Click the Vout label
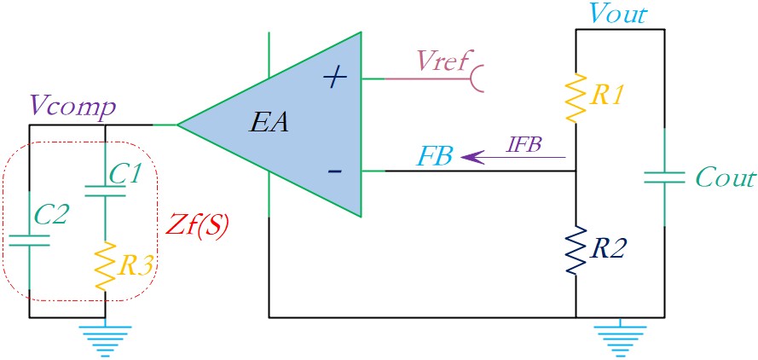[618, 15]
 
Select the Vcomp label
[73, 107]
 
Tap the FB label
[437, 156]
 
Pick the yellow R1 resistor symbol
[576, 97]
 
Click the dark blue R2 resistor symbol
[576, 251]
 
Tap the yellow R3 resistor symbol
[105, 266]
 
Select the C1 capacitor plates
[105, 190]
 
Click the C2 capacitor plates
[29, 241]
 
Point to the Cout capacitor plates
[664, 177]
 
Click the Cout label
[725, 178]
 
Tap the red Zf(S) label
[196, 226]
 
